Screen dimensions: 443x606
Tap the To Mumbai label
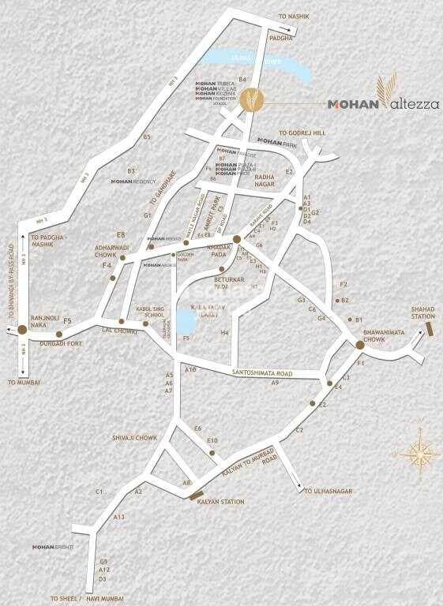(23, 382)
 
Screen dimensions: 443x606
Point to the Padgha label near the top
(281, 37)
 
